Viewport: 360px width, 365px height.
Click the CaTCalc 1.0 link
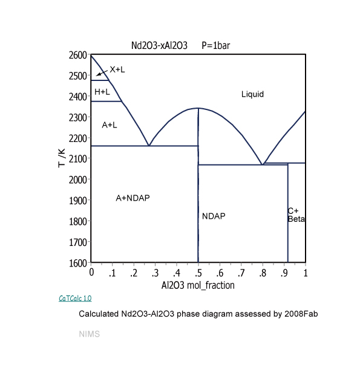click(75, 298)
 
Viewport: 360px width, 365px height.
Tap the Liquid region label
click(252, 94)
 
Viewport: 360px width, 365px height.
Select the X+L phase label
click(117, 69)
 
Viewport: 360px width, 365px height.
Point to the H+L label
click(102, 92)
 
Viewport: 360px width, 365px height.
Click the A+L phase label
click(110, 125)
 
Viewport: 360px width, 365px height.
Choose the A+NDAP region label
click(133, 198)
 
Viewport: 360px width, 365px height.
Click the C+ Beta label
click(296, 215)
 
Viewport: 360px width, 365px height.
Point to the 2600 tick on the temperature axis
click(78, 55)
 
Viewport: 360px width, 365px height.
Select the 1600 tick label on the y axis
click(78, 263)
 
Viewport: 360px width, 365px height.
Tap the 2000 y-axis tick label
click(78, 179)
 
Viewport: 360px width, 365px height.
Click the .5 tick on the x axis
click(198, 273)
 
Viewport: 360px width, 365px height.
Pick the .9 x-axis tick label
click(284, 273)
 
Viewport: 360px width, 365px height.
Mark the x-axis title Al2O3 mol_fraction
click(198, 285)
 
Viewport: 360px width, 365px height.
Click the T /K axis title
click(62, 158)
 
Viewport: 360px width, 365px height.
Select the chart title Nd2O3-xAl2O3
click(159, 45)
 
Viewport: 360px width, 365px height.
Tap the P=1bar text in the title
click(216, 45)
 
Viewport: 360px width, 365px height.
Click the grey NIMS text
click(89, 334)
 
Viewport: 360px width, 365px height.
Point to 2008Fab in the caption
click(301, 314)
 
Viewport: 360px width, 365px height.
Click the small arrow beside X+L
click(102, 73)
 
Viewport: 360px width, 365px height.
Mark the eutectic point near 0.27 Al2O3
click(149, 146)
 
